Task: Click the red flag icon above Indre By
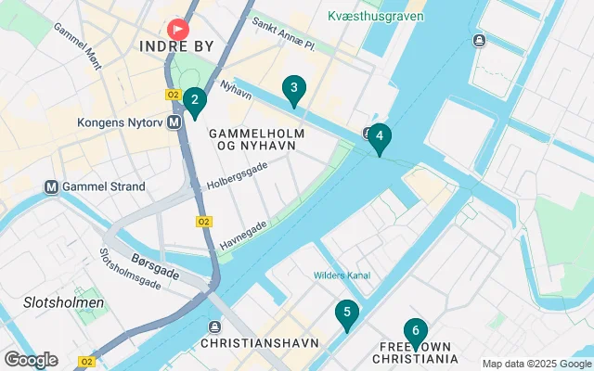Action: (175, 28)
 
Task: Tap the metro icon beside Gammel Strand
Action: (52, 186)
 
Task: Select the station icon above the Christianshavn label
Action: (215, 326)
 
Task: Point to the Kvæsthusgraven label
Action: (376, 16)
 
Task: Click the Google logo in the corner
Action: (31, 360)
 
